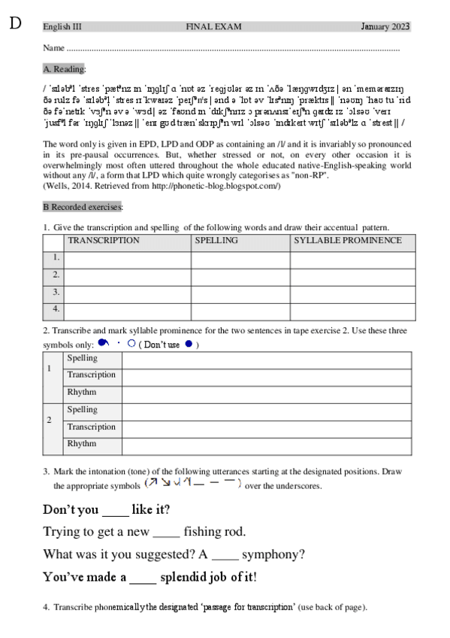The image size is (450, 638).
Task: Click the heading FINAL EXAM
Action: click(x=213, y=27)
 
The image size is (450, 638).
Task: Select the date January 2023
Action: click(x=385, y=27)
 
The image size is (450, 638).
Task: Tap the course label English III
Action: click(x=62, y=27)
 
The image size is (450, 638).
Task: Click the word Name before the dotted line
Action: click(x=53, y=48)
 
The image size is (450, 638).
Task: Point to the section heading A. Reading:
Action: click(x=65, y=69)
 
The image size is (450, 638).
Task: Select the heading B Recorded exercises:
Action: click(x=83, y=206)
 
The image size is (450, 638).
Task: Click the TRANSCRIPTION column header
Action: click(x=104, y=241)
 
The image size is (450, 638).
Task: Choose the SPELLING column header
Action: click(x=216, y=241)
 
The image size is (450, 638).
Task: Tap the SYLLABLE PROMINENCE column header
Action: click(x=347, y=241)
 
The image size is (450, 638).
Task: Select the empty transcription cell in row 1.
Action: click(x=127, y=258)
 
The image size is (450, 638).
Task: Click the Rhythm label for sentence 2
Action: click(x=82, y=444)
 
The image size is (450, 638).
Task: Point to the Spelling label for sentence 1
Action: click(x=82, y=358)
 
